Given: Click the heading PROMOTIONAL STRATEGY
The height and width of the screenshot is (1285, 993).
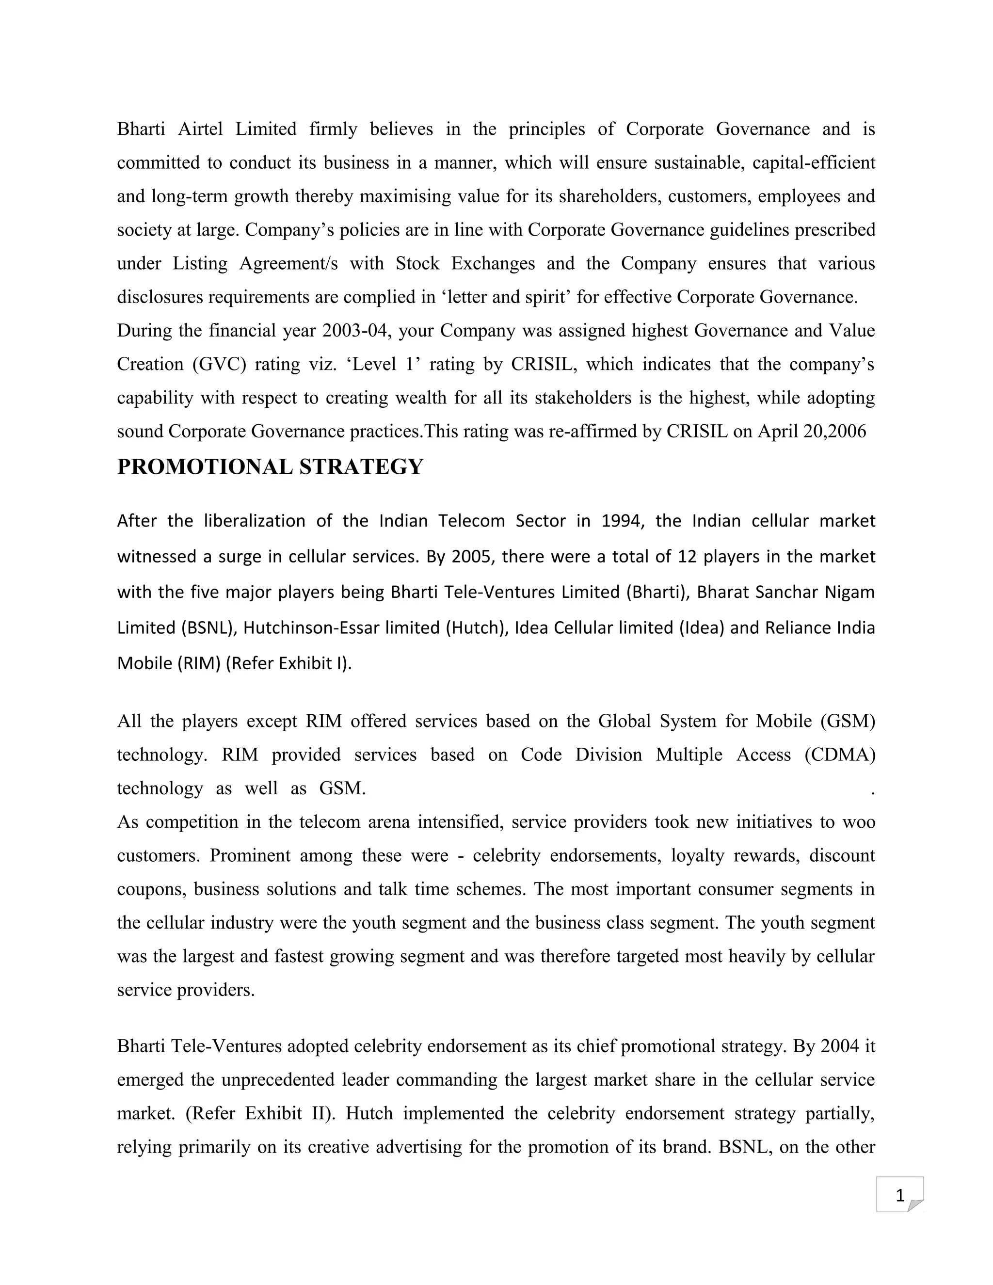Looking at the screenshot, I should [x=270, y=466].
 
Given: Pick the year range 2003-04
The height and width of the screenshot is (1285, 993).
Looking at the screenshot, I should [x=356, y=331].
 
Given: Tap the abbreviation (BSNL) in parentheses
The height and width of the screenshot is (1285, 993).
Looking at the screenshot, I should [x=208, y=628].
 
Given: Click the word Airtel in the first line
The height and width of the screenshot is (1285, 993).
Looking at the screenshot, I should [x=200, y=129].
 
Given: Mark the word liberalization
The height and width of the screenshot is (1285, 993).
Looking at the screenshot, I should [x=255, y=521].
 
